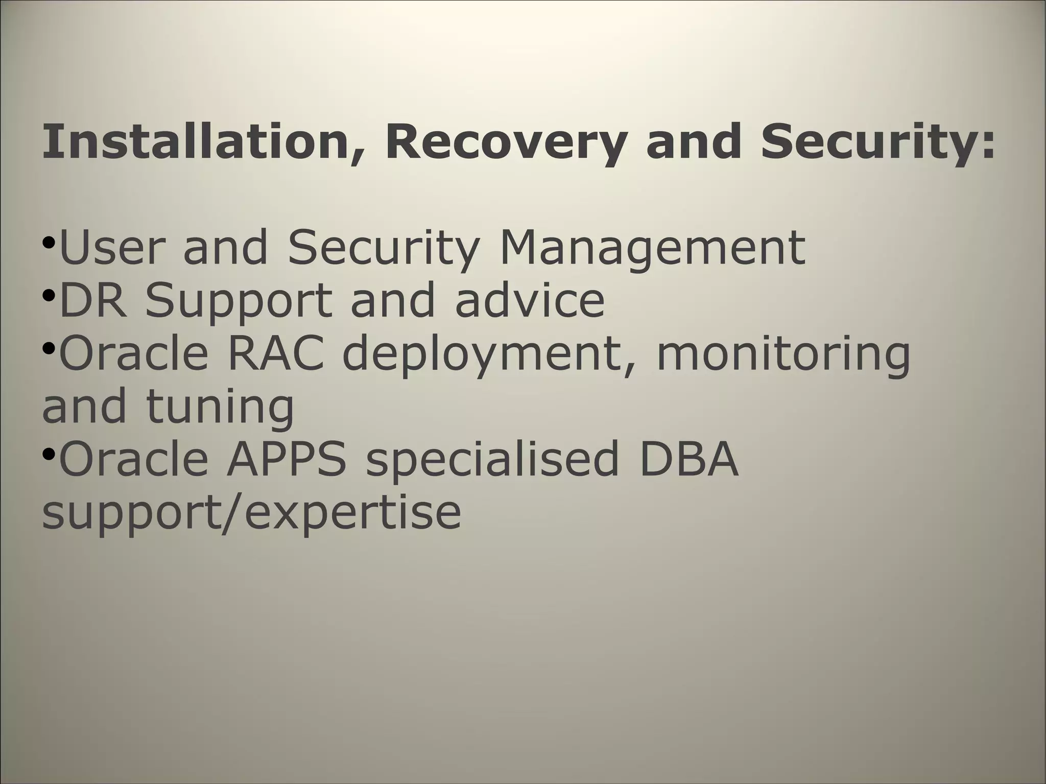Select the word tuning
tap(220, 408)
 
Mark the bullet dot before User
tap(49, 242)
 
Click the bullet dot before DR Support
tap(49, 295)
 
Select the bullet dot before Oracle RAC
tap(49, 348)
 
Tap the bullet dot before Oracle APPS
tap(49, 454)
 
